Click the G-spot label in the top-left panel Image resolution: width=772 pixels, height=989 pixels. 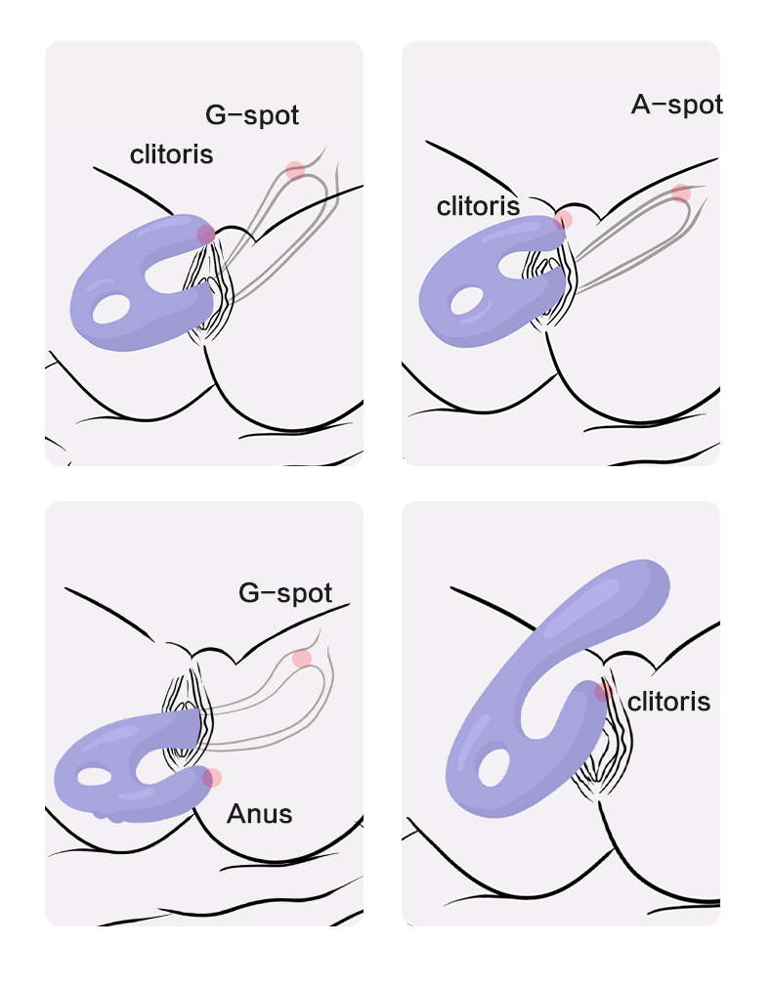point(252,115)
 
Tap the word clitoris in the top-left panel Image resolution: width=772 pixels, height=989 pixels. point(171,154)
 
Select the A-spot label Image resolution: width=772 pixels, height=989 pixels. point(676,105)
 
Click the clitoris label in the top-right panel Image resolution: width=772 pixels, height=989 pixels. point(478,206)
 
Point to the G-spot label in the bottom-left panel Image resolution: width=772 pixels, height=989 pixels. point(285,593)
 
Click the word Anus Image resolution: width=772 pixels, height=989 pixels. point(259,813)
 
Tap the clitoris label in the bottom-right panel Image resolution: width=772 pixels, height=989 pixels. point(668,702)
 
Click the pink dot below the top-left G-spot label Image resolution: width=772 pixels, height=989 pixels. point(295,171)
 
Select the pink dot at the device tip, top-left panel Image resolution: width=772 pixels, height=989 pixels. point(205,234)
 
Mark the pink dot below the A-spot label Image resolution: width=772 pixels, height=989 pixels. point(681,193)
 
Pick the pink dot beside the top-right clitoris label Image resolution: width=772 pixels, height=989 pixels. point(563,220)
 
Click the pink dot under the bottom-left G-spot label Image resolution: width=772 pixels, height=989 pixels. point(302,658)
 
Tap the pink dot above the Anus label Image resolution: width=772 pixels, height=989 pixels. point(212,778)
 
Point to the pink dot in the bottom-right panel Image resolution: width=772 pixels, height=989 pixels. point(604,692)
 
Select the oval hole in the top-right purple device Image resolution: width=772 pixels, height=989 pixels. point(465,300)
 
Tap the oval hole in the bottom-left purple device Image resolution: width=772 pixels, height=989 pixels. point(95,777)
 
